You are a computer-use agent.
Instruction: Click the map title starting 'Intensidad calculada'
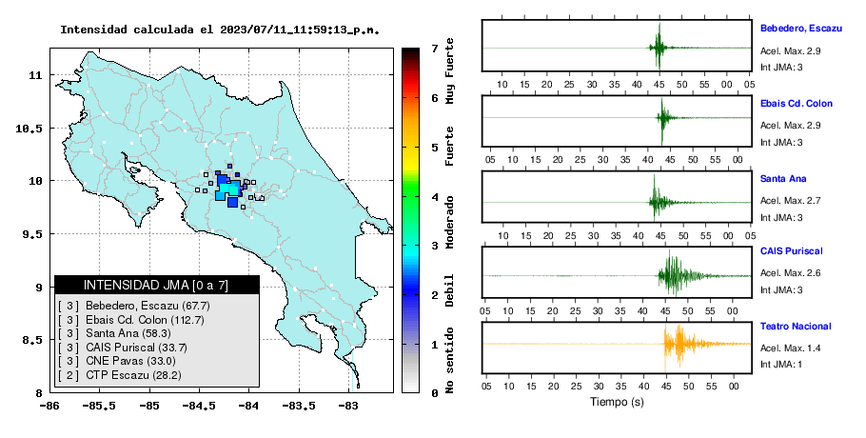coord(220,30)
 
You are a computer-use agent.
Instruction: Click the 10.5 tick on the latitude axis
coord(30,129)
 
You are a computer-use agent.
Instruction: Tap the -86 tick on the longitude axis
coord(49,406)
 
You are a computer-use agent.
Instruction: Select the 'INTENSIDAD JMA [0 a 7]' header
coord(156,285)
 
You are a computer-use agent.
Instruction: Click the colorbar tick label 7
coord(435,49)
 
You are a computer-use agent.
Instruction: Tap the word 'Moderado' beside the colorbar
coord(449,222)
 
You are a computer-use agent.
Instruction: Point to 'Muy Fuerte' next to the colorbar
coord(449,70)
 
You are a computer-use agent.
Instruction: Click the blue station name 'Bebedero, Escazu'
coord(801,29)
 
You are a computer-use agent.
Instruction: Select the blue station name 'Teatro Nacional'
coord(796,327)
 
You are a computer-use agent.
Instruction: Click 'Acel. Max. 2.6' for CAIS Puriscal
coord(790,273)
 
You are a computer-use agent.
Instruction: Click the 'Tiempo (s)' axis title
coord(617,402)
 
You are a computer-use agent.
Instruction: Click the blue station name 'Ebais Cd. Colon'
coord(797,103)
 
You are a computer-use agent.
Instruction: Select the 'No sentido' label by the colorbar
coord(449,360)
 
